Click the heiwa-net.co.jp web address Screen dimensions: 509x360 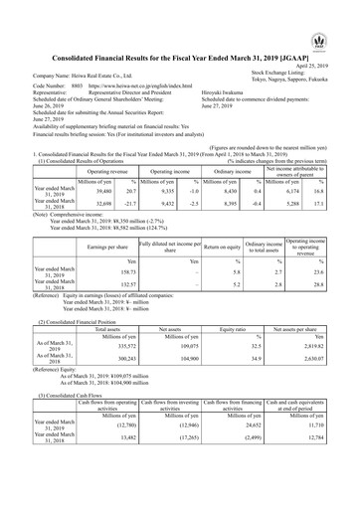click(x=135, y=59)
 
